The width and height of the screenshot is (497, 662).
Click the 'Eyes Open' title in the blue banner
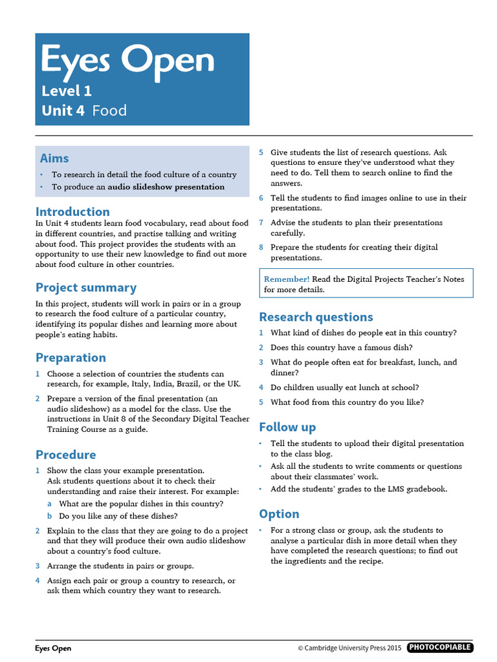pyautogui.click(x=127, y=61)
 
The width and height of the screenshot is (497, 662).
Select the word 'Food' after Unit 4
pyautogui.click(x=109, y=111)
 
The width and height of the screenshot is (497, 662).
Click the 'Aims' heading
pyautogui.click(x=54, y=158)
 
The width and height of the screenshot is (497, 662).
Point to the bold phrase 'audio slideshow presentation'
pyautogui.click(x=166, y=187)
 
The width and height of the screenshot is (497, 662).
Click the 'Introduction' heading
pyautogui.click(x=72, y=211)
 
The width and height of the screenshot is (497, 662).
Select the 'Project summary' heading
pyautogui.click(x=86, y=288)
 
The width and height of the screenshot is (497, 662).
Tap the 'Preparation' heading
pyautogui.click(x=71, y=358)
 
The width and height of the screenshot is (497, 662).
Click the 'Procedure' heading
pyautogui.click(x=65, y=454)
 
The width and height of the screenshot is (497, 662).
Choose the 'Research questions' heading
pyautogui.click(x=316, y=317)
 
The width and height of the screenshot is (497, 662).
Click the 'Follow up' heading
pyautogui.click(x=287, y=427)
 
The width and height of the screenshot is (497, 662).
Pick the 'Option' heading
pyautogui.click(x=279, y=514)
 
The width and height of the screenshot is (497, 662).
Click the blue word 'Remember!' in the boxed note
pyautogui.click(x=287, y=279)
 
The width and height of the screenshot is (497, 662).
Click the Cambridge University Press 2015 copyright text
pyautogui.click(x=349, y=648)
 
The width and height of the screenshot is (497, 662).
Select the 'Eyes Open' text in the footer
pyautogui.click(x=53, y=648)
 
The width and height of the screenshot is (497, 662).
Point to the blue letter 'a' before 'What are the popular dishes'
pyautogui.click(x=50, y=504)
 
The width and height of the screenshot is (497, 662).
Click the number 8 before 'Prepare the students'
pyautogui.click(x=261, y=247)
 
